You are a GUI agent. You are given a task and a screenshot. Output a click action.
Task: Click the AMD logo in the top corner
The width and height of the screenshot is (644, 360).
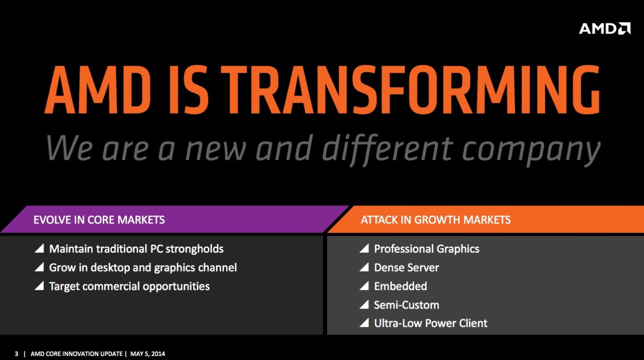[604, 29]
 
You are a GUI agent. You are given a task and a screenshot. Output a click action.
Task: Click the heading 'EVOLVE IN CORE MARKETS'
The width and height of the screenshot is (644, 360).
[99, 220]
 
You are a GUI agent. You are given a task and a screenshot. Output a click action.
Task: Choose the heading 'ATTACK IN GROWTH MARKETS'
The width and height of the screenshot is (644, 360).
[436, 220]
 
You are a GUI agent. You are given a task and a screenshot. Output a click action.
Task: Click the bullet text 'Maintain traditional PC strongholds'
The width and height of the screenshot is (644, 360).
[136, 249]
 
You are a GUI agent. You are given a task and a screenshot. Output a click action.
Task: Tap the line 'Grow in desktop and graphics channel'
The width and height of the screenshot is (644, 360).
[143, 267]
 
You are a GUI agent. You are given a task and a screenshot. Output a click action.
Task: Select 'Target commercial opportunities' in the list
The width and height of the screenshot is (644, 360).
[129, 286]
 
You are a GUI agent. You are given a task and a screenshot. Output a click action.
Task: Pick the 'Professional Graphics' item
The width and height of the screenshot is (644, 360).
[427, 249]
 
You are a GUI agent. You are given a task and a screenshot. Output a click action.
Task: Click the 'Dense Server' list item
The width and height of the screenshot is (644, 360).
[407, 267]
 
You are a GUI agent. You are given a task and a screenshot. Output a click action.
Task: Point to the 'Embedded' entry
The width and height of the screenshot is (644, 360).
[400, 286]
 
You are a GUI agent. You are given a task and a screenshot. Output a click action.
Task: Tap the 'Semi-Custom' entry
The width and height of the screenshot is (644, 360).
[407, 305]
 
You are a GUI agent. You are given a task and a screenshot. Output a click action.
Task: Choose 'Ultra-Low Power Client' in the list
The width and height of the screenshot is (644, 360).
[431, 323]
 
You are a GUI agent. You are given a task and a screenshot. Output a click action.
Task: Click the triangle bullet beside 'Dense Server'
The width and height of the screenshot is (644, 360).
[364, 267]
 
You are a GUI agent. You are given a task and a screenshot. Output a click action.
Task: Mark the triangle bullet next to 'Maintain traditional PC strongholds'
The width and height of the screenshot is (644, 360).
[39, 249]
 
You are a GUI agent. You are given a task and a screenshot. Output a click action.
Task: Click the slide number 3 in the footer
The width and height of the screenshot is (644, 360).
[17, 354]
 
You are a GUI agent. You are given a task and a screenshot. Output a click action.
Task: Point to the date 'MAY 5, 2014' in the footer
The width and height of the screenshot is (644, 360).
[148, 354]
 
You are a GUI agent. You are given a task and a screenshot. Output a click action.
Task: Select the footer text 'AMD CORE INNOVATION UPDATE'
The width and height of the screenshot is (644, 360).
[76, 354]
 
